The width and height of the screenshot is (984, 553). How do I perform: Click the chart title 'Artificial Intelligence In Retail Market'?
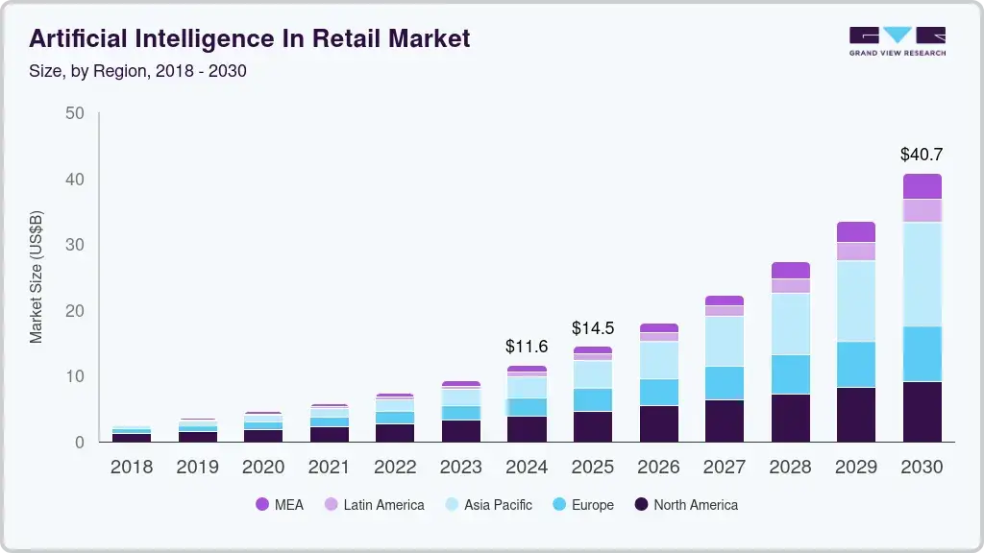point(250,38)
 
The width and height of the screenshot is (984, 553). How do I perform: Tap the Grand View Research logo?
point(897,41)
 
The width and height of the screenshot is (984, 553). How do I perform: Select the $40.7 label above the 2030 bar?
point(922,154)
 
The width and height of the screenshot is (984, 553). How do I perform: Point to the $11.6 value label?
point(527,346)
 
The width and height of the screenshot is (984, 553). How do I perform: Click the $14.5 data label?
point(593,327)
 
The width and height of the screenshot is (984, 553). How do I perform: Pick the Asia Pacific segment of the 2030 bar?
point(922,275)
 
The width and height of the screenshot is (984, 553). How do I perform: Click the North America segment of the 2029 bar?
point(855,415)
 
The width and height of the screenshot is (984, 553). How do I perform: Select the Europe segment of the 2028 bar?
point(790,374)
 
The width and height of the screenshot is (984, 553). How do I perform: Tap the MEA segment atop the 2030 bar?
point(922,186)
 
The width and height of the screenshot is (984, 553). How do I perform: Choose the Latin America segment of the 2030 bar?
point(922,210)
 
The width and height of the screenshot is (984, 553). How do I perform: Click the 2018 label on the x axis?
point(132,468)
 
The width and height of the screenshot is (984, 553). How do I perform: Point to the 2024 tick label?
point(527,468)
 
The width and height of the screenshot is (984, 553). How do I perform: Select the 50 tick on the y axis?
point(74,113)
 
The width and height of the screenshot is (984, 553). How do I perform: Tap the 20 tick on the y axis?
point(74,311)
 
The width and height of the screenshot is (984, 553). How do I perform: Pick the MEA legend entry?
point(280,504)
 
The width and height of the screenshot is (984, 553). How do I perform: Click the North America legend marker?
point(639,504)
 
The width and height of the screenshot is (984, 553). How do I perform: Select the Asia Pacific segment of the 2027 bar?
point(725,341)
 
